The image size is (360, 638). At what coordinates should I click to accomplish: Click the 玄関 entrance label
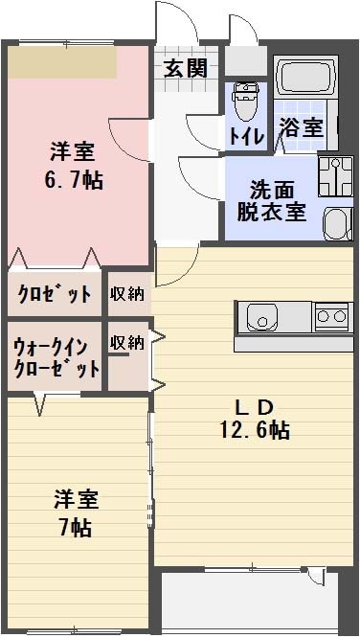(x=185, y=68)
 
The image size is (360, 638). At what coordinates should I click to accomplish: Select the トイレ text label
(x=245, y=135)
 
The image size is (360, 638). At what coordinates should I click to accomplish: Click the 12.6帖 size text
(x=253, y=430)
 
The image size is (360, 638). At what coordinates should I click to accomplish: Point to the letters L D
(x=253, y=406)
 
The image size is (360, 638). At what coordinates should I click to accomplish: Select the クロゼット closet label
(x=54, y=294)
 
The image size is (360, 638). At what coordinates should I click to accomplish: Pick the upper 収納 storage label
(x=127, y=294)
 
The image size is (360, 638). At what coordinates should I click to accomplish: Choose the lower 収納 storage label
(x=127, y=342)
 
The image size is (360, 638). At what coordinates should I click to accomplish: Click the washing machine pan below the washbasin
(x=336, y=224)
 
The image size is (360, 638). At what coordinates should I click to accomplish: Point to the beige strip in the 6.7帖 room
(x=63, y=62)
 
